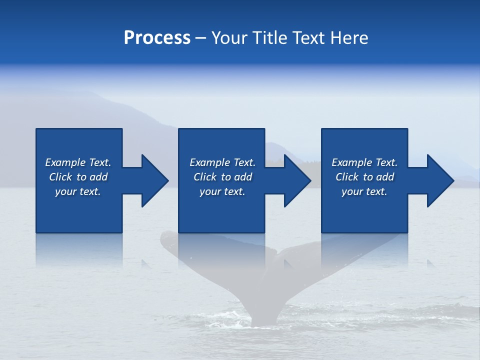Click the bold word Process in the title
[x=157, y=38]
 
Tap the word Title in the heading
[x=270, y=38]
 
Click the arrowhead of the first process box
[x=154, y=180]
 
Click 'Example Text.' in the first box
[x=78, y=162]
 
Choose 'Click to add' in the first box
[x=78, y=177]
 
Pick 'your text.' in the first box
[x=78, y=191]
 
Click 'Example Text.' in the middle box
[x=222, y=162]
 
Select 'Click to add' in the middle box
[x=222, y=177]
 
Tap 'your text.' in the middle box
[x=222, y=191]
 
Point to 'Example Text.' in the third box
[x=364, y=162]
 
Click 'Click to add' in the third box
[x=364, y=177]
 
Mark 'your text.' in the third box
[x=364, y=191]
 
